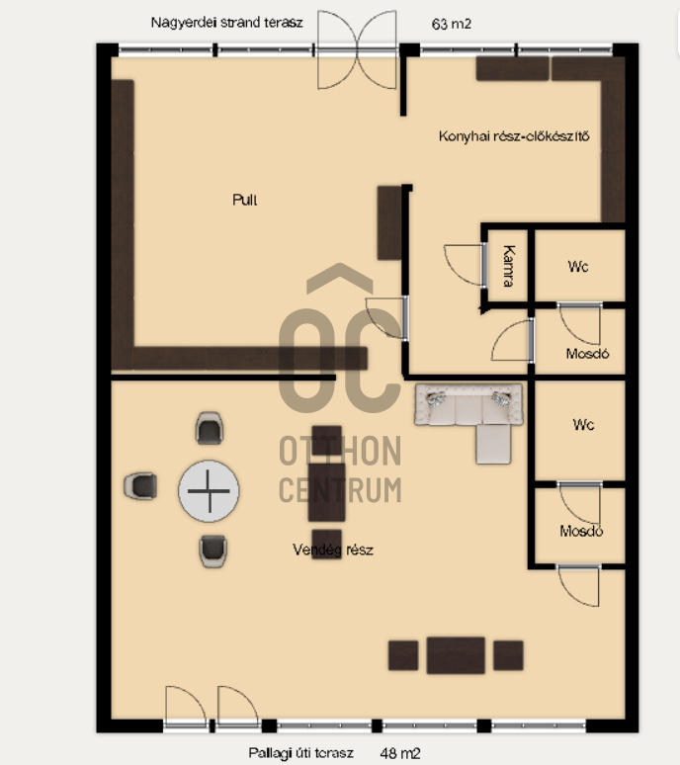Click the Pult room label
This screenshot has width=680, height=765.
click(x=245, y=200)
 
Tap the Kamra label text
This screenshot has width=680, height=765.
click(x=508, y=266)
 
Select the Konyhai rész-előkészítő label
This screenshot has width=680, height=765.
click(x=514, y=136)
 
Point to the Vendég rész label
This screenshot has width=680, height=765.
click(x=333, y=551)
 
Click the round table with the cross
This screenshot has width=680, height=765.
click(x=209, y=491)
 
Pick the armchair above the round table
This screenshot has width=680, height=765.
click(x=210, y=428)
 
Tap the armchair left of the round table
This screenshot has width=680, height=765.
click(x=140, y=486)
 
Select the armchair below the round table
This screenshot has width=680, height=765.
click(x=213, y=552)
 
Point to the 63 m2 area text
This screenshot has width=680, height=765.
click(x=452, y=24)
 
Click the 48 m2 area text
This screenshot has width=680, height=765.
click(x=400, y=754)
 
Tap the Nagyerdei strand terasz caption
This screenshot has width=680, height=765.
click(x=226, y=23)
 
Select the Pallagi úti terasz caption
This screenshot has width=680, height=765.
click(x=301, y=753)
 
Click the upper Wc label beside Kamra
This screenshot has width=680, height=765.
click(x=578, y=267)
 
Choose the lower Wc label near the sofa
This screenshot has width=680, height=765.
click(x=583, y=424)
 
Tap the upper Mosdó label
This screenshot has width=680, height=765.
click(x=587, y=353)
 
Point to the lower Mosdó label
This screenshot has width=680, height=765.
click(x=581, y=531)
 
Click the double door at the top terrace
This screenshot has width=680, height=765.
click(x=357, y=49)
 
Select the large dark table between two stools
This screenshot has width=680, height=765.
click(x=456, y=655)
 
